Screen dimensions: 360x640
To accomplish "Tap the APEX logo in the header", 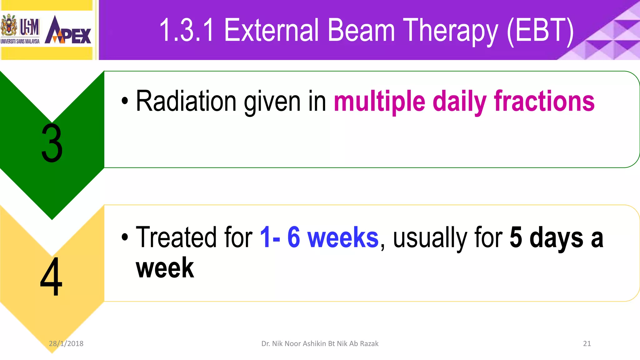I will [68, 31].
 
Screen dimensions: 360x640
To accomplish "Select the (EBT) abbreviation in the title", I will [540, 30].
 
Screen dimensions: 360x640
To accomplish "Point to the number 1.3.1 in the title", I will [187, 30].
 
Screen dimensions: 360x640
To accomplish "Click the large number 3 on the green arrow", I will [52, 143].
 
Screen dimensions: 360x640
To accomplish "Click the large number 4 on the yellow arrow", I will [51, 276].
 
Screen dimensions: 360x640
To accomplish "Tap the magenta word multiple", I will [379, 102].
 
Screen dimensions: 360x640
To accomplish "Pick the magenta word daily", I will [459, 102].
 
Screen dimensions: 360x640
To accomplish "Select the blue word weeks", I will [343, 237].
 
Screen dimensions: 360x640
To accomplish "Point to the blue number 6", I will [294, 237].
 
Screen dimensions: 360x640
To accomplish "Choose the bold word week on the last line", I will [165, 268].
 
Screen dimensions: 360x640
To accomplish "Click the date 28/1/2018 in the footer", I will [66, 343].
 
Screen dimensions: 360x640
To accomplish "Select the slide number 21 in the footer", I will [587, 343].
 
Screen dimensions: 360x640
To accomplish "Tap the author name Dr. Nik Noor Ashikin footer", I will [320, 343].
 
